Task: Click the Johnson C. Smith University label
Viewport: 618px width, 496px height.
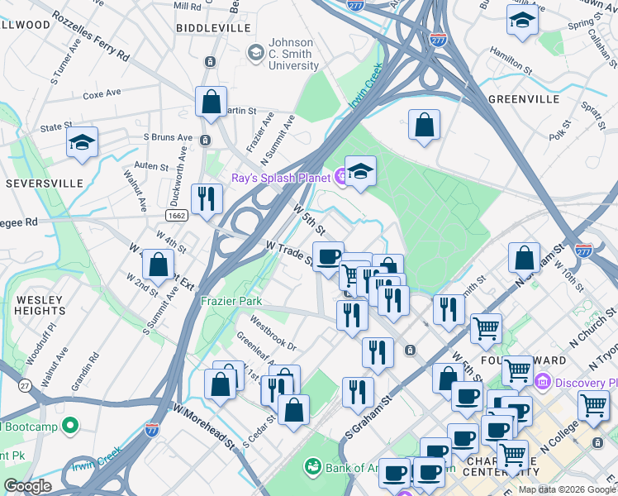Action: tap(285, 54)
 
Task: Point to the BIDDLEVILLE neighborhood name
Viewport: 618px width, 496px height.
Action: tap(213, 27)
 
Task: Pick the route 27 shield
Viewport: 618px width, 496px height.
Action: tap(25, 385)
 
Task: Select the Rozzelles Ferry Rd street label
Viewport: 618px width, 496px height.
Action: tap(91, 36)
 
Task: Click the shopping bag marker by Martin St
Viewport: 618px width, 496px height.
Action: tap(212, 102)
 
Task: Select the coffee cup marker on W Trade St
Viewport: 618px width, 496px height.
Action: tap(328, 256)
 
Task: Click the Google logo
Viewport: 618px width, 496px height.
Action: tap(27, 486)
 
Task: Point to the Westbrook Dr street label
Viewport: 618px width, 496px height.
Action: tap(272, 330)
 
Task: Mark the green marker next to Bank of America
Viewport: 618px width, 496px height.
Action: tap(312, 468)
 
